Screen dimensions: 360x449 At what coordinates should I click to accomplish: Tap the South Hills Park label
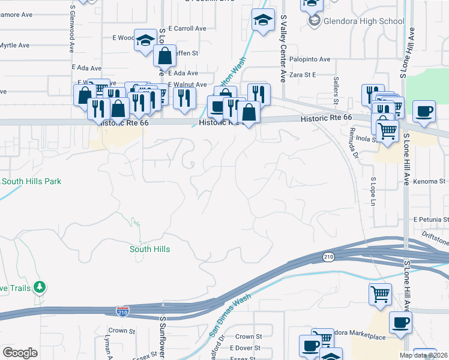[x=31, y=181]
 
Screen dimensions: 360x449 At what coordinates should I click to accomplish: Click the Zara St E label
[x=303, y=75]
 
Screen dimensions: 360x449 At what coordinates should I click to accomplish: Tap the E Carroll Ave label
[x=187, y=28]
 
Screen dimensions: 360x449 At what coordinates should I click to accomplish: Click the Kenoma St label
[x=429, y=181]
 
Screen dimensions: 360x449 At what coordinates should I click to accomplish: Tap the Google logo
[x=19, y=353]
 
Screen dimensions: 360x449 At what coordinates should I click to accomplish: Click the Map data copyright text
[x=423, y=355]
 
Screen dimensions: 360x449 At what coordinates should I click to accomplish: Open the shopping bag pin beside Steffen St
[x=164, y=56]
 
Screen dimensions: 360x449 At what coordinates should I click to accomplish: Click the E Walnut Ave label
[x=187, y=85]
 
